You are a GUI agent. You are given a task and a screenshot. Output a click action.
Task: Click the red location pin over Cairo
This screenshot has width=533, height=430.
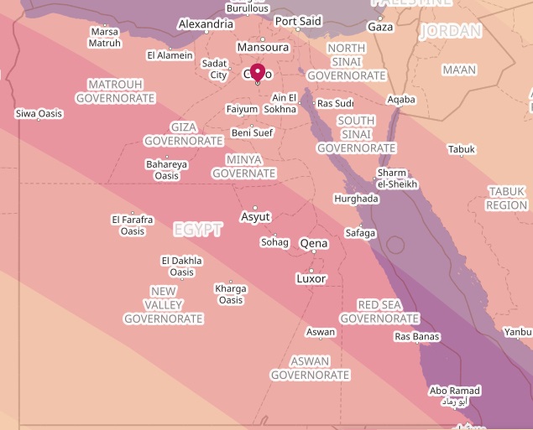(x=258, y=72)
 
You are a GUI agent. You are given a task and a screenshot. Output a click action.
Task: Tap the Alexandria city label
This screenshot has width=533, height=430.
(x=206, y=24)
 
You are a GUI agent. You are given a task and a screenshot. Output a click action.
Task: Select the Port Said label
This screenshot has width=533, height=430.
(x=298, y=21)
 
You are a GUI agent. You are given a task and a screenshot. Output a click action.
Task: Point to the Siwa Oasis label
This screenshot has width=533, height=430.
(x=39, y=113)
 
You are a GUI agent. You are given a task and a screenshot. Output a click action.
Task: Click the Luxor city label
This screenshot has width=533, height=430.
(x=311, y=278)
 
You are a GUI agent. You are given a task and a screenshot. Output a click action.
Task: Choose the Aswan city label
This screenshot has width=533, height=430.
(x=321, y=332)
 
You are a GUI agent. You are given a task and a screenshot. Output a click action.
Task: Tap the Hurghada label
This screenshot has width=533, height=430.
(x=356, y=199)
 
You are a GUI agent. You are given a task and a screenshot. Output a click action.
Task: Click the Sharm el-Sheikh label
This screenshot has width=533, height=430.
(x=396, y=179)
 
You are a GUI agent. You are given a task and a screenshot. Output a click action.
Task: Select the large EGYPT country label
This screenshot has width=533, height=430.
(x=198, y=230)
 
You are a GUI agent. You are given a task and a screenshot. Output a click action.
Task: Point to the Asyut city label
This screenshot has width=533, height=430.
(x=255, y=217)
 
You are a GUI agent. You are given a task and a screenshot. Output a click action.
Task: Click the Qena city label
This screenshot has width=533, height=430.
(x=314, y=244)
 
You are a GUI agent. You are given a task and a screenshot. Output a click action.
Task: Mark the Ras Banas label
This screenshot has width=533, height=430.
(x=417, y=337)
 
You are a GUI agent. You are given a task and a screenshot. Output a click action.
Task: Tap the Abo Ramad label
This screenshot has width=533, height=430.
(x=455, y=391)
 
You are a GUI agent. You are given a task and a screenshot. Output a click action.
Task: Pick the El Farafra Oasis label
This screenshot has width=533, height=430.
(x=133, y=225)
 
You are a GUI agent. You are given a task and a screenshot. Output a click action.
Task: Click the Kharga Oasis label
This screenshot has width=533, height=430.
(x=231, y=294)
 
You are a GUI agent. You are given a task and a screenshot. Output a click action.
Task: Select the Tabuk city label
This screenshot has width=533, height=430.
(x=462, y=149)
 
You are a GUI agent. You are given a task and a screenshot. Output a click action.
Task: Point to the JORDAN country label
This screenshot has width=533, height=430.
(x=452, y=31)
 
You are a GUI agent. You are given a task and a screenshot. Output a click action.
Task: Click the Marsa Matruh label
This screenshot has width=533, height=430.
(x=105, y=38)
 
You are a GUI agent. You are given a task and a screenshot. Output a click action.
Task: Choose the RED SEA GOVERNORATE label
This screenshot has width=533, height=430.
(x=379, y=312)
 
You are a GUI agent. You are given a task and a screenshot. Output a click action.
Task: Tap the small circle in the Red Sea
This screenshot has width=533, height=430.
(x=395, y=246)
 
